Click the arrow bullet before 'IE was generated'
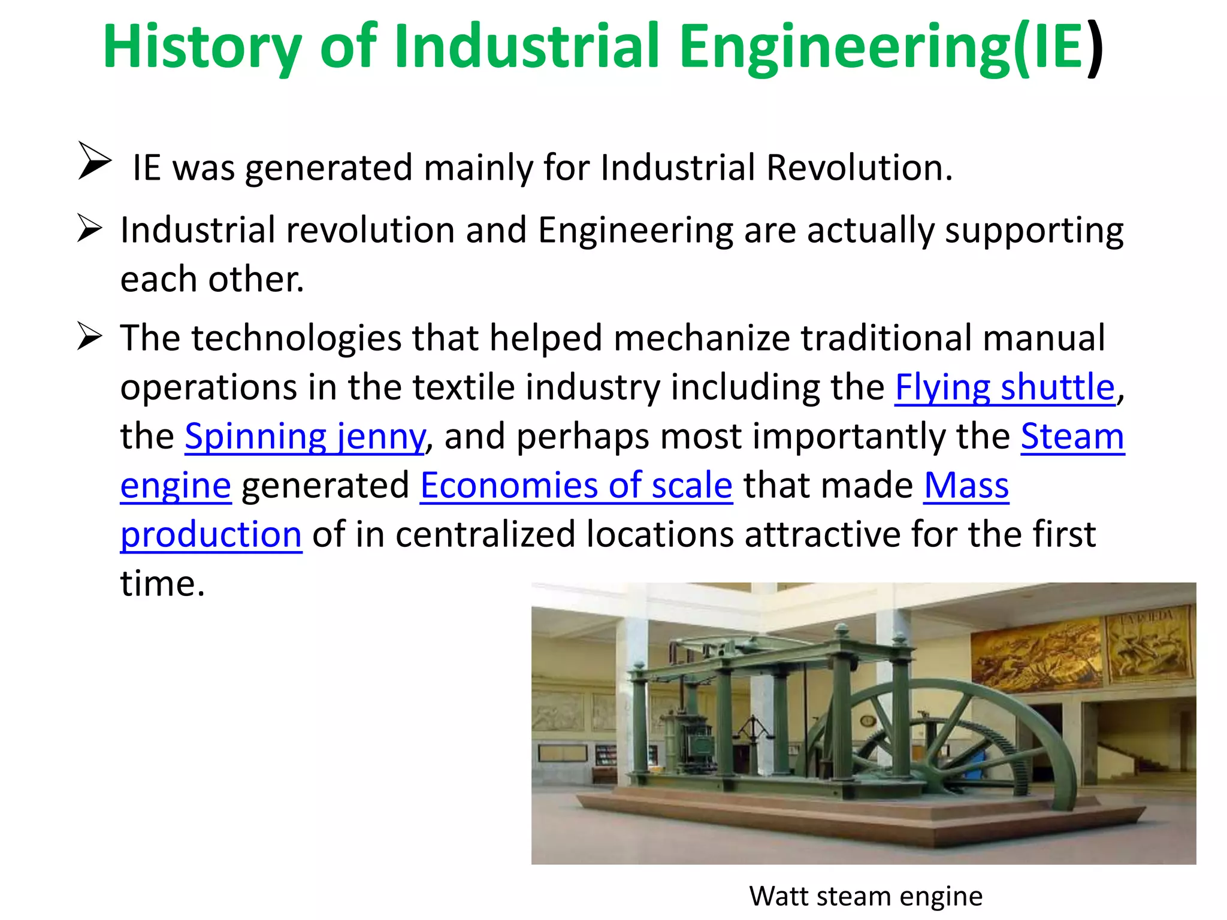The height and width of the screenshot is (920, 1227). coord(94,161)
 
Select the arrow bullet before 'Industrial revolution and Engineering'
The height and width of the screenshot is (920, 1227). coord(89,229)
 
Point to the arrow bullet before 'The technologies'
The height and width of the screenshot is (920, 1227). coord(89,337)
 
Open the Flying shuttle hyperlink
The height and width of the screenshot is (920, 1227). coord(1005,387)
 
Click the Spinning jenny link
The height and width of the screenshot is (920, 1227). coord(305,436)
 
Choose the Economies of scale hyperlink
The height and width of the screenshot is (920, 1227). coord(576,485)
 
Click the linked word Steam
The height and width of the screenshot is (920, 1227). coord(1072,436)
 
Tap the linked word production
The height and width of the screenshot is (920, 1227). coord(211,534)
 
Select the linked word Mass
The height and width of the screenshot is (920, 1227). coord(966,485)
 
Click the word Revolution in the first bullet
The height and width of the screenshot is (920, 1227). coord(859,168)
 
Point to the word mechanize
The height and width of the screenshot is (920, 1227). coord(702,338)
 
